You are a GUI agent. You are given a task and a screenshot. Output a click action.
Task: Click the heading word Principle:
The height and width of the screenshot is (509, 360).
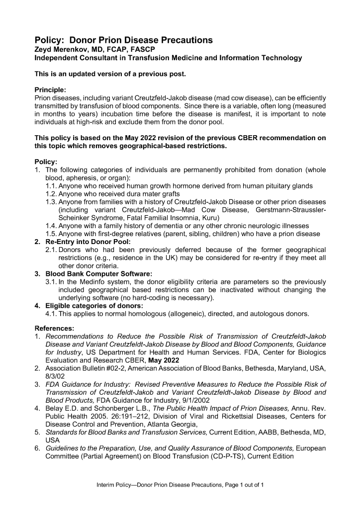click(x=50, y=90)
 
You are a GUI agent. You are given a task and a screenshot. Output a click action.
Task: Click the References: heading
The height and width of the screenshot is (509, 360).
click(x=54, y=328)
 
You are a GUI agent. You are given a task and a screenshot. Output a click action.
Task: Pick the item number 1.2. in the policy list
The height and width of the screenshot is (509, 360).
click(x=51, y=193)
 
